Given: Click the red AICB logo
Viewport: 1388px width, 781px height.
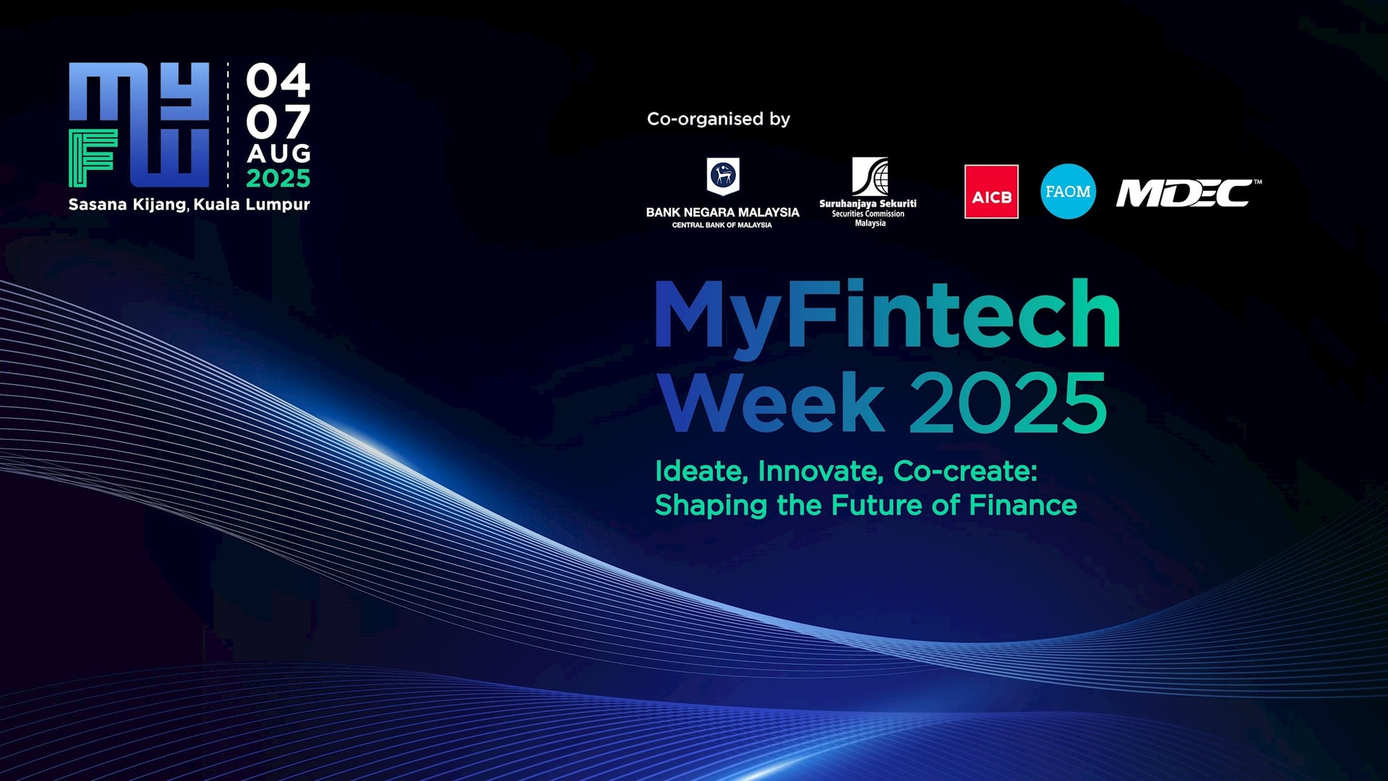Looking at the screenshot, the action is point(991,192).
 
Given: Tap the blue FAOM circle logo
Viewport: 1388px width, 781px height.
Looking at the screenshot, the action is point(1068,192).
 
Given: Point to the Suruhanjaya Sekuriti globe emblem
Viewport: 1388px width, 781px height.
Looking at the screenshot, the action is point(870,176).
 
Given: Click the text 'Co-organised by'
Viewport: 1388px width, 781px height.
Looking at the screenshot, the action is point(718,119).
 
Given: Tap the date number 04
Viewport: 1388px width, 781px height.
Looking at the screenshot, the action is point(278,80).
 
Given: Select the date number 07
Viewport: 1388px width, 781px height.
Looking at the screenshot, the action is point(278,121).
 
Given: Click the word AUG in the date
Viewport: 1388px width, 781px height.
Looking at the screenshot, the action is point(279,153).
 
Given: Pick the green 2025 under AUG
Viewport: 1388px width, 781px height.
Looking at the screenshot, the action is point(278,178).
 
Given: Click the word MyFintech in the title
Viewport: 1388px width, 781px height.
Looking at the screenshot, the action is point(887,317).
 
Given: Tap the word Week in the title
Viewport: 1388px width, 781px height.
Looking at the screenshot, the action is point(772,402).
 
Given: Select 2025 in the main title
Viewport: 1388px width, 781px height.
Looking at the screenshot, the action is point(1008,403).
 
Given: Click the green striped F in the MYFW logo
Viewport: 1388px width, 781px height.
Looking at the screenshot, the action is point(93,159).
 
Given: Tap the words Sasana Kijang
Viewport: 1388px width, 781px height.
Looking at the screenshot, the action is point(127,205).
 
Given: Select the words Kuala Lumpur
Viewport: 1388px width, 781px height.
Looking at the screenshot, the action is point(252,205).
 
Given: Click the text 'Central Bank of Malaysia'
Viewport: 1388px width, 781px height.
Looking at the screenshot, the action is point(722,225).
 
